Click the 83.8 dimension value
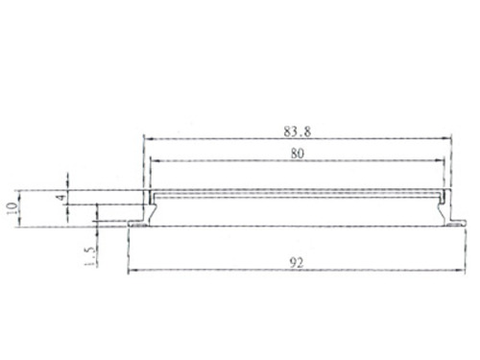[x=297, y=132]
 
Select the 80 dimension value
[x=298, y=154]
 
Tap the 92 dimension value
[x=297, y=263]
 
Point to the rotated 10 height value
[x=12, y=208]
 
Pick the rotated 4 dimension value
[x=61, y=198]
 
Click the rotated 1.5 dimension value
[x=89, y=256]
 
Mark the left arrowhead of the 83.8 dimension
[x=148, y=138]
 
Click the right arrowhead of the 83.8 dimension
[x=447, y=138]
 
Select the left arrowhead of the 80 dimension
[x=155, y=160]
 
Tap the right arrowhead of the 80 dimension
[x=440, y=160]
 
